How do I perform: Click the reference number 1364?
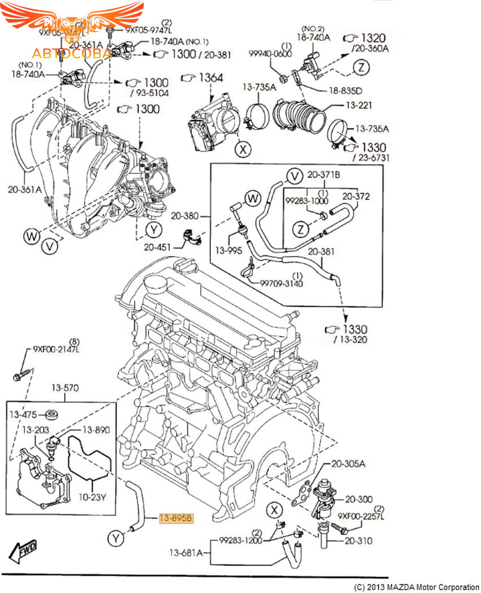click(210, 78)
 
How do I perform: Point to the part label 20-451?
click(157, 246)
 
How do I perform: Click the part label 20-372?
click(356, 196)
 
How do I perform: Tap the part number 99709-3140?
click(281, 282)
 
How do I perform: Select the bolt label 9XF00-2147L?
click(56, 348)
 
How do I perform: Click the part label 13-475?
click(22, 414)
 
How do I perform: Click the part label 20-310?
click(358, 541)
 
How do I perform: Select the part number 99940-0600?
click(271, 54)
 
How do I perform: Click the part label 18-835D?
click(345, 91)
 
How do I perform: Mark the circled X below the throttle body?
click(242, 149)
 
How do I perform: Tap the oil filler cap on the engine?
click(183, 267)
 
